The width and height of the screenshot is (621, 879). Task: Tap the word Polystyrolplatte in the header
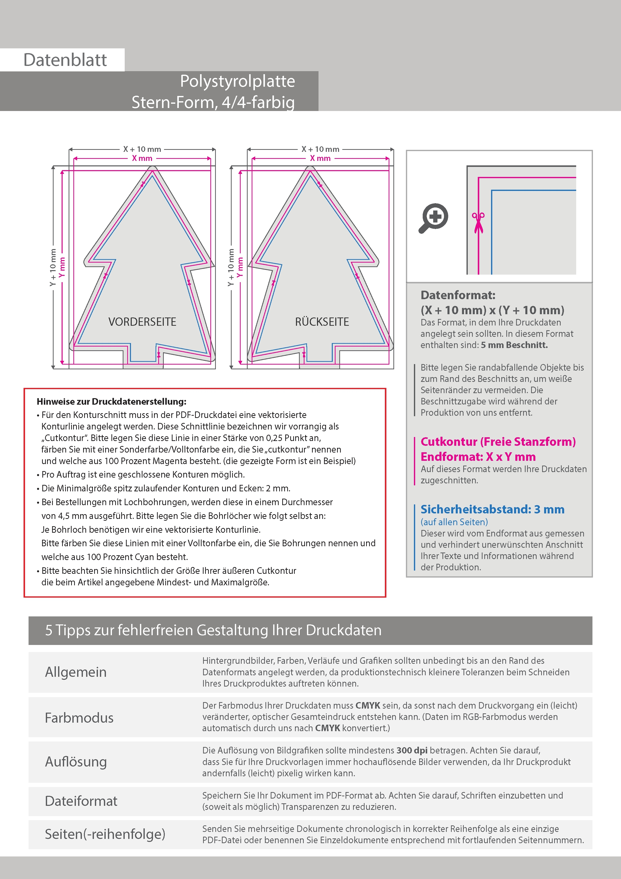[x=237, y=81]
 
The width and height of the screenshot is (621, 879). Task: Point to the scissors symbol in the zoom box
[x=478, y=222]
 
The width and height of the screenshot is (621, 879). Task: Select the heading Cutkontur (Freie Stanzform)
[x=498, y=442]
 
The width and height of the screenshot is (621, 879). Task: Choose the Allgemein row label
[x=76, y=672]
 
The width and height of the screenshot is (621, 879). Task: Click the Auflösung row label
[x=76, y=761]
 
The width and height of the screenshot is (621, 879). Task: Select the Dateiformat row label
[x=81, y=801]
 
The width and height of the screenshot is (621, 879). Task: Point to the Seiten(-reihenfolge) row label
[x=105, y=834]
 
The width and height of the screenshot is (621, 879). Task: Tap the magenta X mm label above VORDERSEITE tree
[x=142, y=158]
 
